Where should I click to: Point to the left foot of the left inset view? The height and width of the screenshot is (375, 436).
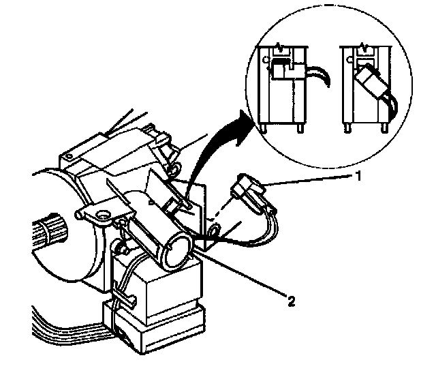[262, 125]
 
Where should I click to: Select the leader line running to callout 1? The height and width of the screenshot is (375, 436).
[307, 180]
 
